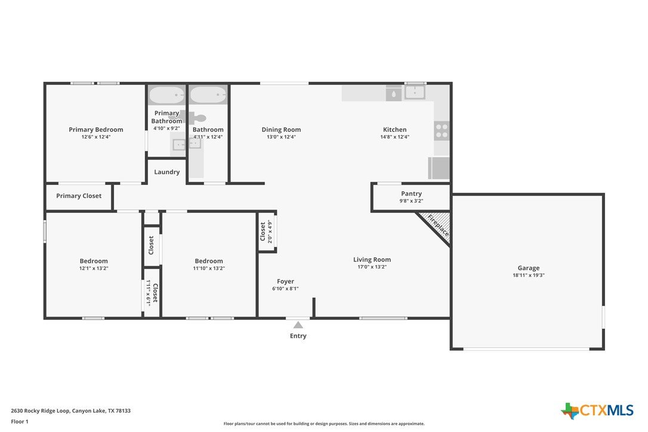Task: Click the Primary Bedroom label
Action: point(96,129)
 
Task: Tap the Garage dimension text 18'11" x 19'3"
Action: point(529,275)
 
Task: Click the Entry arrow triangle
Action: point(298,325)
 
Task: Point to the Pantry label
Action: point(411,193)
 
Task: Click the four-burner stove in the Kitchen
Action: point(442,131)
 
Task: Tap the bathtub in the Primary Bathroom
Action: point(166,95)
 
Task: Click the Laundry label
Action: point(167,172)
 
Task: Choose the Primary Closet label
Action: point(79,196)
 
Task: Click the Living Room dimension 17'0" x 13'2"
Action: point(372,267)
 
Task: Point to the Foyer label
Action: point(286,282)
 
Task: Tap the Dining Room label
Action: point(281,129)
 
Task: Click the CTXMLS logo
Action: point(597,411)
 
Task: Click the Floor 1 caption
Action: point(20,422)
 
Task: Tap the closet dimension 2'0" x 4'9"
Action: point(270,232)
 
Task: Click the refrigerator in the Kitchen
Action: point(439,168)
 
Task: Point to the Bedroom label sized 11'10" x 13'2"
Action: point(209,261)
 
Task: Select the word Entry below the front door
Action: point(298,336)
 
